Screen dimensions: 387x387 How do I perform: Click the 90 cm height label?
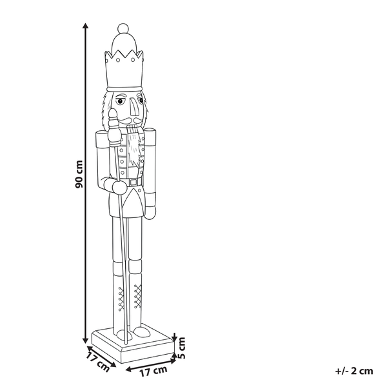coord(78,175)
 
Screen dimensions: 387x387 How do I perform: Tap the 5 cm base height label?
coord(182,348)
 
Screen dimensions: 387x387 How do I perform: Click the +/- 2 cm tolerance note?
coord(354,370)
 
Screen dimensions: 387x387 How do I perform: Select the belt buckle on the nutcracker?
coord(134,183)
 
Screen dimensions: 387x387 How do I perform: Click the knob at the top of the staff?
coord(114,117)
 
